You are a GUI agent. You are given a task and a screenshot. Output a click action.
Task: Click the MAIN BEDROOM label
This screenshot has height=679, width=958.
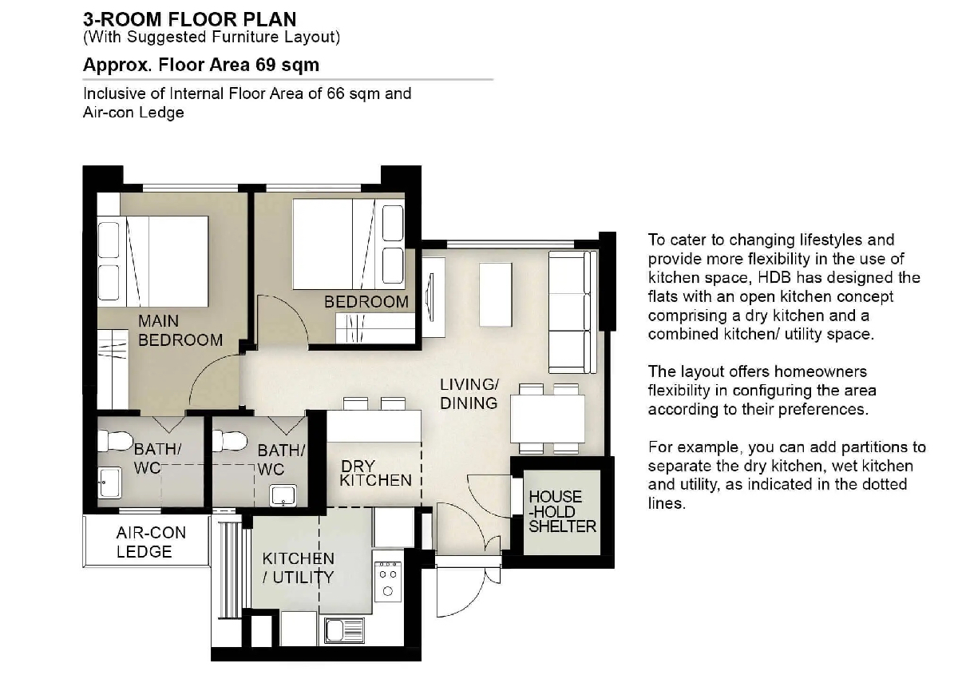[180, 331]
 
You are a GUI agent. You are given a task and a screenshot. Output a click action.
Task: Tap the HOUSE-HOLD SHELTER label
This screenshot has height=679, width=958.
[562, 511]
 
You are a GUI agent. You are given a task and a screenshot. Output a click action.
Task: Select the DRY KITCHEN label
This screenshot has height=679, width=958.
[375, 473]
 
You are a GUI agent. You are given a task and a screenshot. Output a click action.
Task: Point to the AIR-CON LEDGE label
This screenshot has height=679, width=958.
[151, 542]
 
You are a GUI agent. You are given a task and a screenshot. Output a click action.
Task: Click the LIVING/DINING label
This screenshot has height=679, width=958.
[469, 394]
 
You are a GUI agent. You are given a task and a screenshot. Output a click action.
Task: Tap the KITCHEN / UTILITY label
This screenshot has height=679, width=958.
[298, 568]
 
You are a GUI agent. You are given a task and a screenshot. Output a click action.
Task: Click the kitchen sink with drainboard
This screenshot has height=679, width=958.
[344, 630]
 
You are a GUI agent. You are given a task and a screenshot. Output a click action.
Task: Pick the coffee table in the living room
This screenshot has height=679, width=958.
[495, 295]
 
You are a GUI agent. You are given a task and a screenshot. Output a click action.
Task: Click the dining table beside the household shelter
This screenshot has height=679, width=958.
[548, 419]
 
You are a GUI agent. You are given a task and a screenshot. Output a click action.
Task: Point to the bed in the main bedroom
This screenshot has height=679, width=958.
[152, 261]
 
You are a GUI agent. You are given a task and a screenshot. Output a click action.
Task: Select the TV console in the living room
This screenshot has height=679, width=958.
[433, 297]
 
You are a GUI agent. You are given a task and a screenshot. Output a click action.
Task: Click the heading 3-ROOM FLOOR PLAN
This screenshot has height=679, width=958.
[189, 19]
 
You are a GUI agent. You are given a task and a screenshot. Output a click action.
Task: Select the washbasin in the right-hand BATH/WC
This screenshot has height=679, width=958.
[283, 495]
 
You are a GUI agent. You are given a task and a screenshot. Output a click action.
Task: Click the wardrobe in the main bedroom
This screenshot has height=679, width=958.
[113, 369]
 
